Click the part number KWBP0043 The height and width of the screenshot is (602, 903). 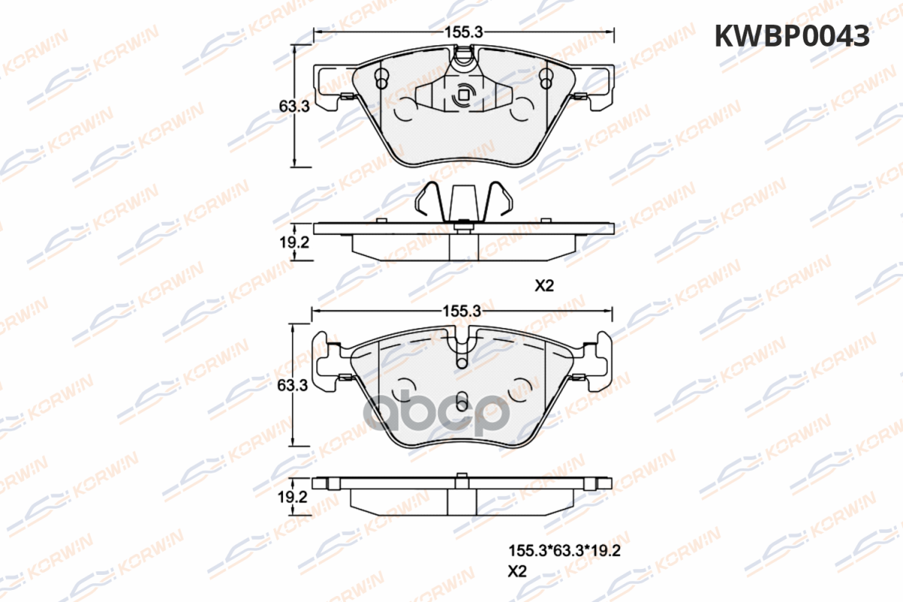[792, 36]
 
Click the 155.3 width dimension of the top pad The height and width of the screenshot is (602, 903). [464, 32]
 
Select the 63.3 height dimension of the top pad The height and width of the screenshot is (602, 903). [294, 106]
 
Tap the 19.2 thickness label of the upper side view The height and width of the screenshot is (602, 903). [294, 242]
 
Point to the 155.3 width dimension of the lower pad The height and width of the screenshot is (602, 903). [462, 311]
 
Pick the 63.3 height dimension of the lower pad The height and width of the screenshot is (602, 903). [293, 385]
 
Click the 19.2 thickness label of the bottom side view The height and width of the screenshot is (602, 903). [292, 497]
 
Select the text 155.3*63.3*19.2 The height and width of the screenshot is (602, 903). [564, 550]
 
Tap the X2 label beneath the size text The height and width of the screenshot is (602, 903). [517, 571]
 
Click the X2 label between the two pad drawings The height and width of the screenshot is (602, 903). [544, 286]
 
